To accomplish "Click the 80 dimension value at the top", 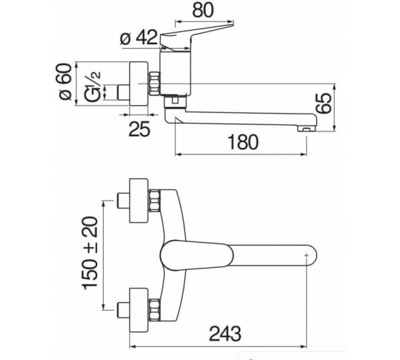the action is pos(203,11).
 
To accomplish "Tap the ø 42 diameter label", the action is pos(139,38).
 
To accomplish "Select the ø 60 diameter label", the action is pos(65,81).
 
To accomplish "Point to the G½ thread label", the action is pos(92,86).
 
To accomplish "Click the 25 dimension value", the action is pos(139,129).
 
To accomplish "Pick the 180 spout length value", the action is pos(243,142).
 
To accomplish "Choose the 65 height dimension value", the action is pos(323,103).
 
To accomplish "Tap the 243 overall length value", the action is pos(225,334).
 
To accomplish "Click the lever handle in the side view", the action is pos(196,36).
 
